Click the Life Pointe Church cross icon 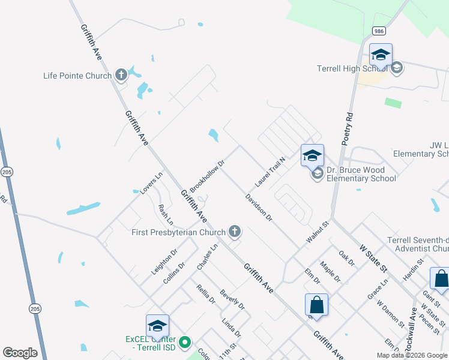coord(121,75)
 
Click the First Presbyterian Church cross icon coord(235,232)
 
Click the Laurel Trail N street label coord(270,172)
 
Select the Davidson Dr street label coord(259,208)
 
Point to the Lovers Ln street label coord(151,184)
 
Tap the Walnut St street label coord(318,232)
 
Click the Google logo coord(20,353)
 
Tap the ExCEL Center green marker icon coord(185,343)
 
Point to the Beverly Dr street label coord(232,299)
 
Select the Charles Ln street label coord(207,257)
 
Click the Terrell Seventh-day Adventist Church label coord(418,244)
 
